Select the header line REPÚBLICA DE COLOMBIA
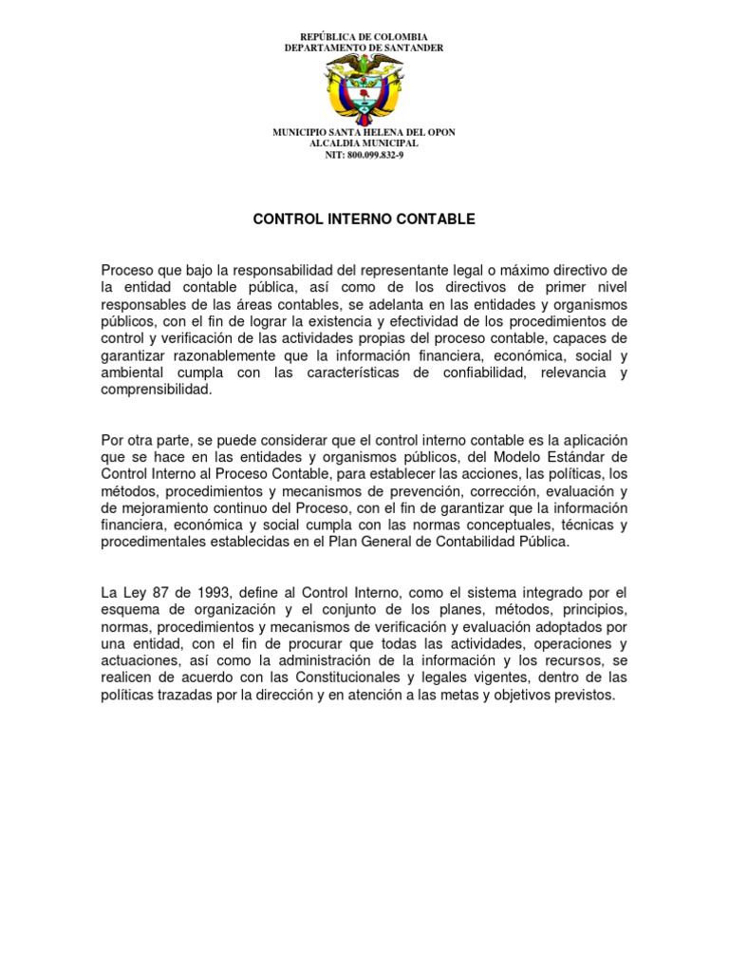click(364, 36)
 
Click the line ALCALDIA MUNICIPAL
click(364, 143)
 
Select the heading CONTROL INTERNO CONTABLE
click(364, 219)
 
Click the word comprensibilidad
click(157, 390)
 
